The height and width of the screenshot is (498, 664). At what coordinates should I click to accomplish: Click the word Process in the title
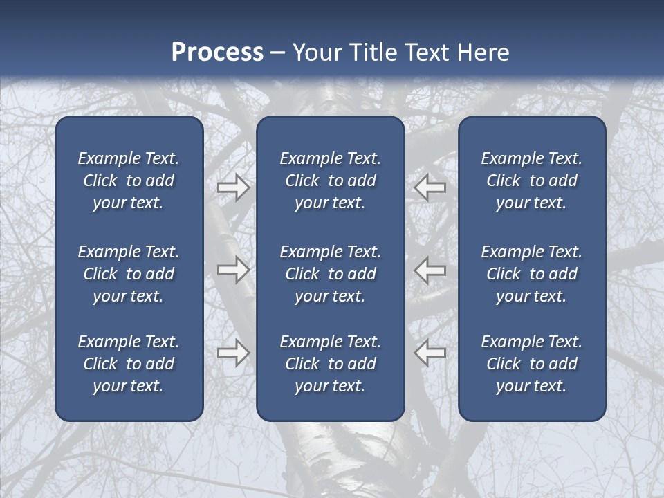coord(217,53)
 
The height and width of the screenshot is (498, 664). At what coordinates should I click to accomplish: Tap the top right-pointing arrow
coord(233,187)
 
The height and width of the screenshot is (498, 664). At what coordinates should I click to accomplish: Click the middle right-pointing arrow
coord(233,269)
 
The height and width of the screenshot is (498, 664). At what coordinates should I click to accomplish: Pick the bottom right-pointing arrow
coord(233,353)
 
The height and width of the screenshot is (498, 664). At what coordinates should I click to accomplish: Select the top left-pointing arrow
coord(430,187)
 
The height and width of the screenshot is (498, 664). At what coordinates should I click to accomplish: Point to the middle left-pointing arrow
coord(430,269)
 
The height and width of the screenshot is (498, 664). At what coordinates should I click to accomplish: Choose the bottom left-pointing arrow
coord(430,353)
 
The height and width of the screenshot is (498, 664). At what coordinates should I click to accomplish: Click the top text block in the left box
coord(129,181)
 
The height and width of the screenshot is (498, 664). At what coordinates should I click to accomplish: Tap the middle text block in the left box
coord(129,274)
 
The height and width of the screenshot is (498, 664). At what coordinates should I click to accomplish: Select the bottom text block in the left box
coord(129,364)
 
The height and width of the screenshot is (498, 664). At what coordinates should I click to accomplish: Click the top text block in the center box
coord(330,181)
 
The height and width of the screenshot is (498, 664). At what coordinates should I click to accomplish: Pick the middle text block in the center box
coord(330,274)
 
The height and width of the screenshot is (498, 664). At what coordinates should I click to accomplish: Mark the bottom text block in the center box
coord(330,364)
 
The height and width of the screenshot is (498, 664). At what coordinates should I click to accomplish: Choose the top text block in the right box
coord(532,181)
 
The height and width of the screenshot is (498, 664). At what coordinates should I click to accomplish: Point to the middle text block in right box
coord(532,274)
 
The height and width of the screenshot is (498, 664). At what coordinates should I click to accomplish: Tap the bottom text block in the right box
coord(532,364)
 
